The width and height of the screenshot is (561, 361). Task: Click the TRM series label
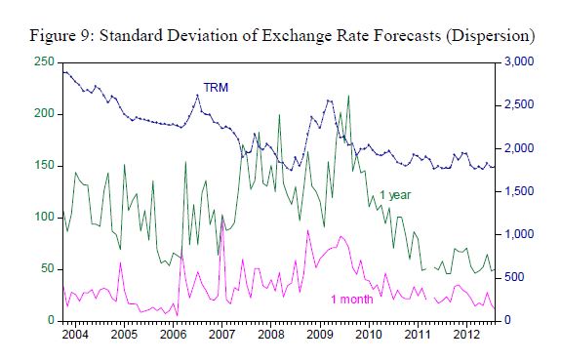tap(216, 87)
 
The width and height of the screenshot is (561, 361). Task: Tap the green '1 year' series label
tap(395, 195)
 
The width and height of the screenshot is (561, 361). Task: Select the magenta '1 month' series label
tap(351, 300)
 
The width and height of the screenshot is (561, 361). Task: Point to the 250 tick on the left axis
tap(44, 61)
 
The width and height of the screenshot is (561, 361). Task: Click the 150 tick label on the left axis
tap(44, 166)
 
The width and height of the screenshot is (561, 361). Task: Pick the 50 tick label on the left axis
tap(48, 268)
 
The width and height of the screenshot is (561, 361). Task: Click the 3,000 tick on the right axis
tap(519, 61)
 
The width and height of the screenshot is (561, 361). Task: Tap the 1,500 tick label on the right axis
tap(519, 191)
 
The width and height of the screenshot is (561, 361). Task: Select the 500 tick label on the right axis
tap(514, 277)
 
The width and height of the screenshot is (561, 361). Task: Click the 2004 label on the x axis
tap(75, 335)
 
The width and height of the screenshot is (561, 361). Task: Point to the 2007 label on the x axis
tap(221, 335)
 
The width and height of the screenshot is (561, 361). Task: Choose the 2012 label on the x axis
tap(466, 335)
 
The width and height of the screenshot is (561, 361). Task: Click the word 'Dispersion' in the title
tap(490, 36)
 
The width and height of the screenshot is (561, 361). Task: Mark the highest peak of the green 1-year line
tap(348, 96)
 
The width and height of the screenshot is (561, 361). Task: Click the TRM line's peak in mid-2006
tap(197, 96)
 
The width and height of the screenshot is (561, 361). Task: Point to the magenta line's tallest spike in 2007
tap(222, 216)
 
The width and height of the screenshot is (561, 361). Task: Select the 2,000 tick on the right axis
tap(519, 148)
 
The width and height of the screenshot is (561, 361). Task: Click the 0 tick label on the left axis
tap(51, 320)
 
